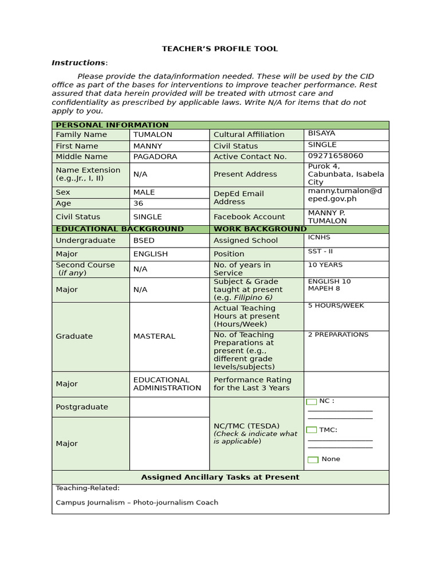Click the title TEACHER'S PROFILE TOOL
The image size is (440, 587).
(220, 49)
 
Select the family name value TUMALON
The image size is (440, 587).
(152, 135)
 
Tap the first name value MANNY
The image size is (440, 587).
(148, 146)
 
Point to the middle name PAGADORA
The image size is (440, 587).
(155, 156)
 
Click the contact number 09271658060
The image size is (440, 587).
(335, 156)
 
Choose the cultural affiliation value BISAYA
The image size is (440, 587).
(321, 134)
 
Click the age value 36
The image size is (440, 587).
(139, 204)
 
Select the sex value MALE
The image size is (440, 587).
(144, 193)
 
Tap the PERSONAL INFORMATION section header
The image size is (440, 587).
(112, 125)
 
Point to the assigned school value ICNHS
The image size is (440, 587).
(319, 237)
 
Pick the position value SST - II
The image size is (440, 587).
(320, 252)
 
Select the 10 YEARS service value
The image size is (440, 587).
(325, 265)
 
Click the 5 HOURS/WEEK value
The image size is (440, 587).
(336, 306)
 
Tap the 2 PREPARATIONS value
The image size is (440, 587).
(338, 334)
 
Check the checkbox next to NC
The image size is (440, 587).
(312, 402)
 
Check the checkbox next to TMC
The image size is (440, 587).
(312, 430)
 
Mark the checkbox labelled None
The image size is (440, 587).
(313, 460)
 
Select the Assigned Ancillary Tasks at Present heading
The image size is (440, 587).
(220, 477)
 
